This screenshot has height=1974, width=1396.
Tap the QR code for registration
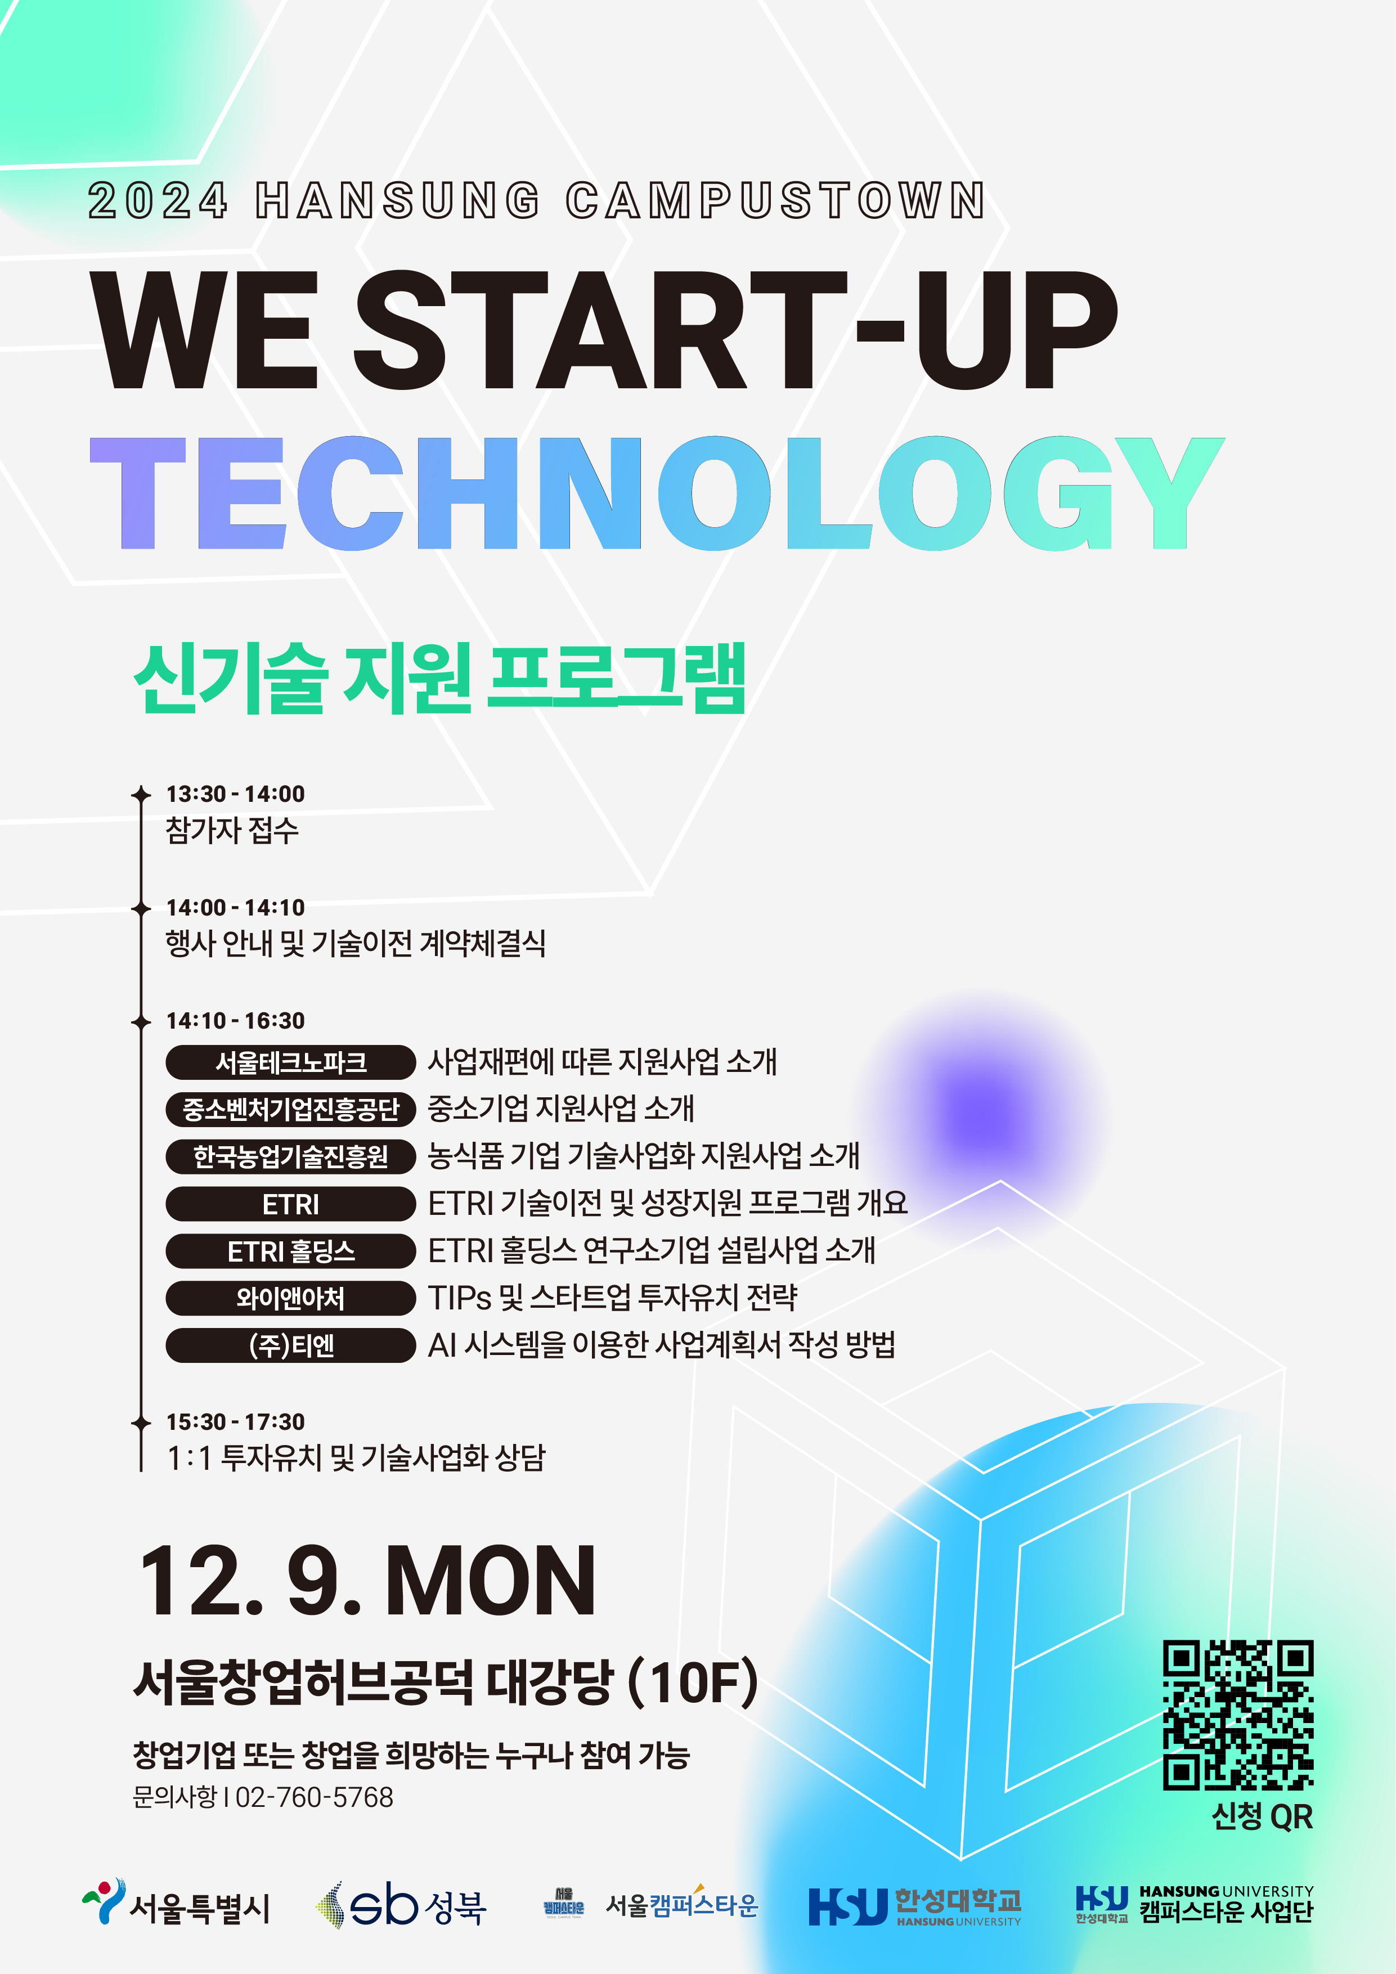click(x=1238, y=1715)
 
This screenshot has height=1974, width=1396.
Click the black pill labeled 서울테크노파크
click(x=290, y=1062)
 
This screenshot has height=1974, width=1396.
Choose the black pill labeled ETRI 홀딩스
click(x=290, y=1251)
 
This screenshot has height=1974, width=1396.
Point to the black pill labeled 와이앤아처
click(x=290, y=1298)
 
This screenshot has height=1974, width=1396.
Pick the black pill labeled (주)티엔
click(x=290, y=1345)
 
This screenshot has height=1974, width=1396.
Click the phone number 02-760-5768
click(x=314, y=1797)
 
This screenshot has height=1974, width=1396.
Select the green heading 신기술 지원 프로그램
click(x=439, y=678)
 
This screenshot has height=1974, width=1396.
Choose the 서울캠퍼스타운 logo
click(x=650, y=1904)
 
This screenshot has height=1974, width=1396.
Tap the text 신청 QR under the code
click(x=1262, y=1816)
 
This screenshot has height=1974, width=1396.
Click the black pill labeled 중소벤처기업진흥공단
click(x=290, y=1109)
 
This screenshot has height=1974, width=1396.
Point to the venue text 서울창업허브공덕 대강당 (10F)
click(x=445, y=1682)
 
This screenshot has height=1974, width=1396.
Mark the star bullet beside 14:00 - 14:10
click(x=141, y=908)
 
